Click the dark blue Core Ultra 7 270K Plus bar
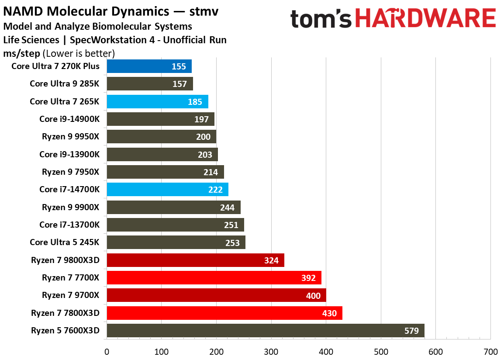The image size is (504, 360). [x=149, y=66]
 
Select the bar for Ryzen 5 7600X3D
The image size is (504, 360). [x=265, y=331]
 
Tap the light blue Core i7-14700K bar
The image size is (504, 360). [x=167, y=190]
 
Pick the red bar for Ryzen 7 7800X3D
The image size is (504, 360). [x=224, y=313]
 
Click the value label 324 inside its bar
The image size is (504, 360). [x=272, y=260]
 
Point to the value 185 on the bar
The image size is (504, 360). [x=195, y=102]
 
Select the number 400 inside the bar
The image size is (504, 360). [x=313, y=296]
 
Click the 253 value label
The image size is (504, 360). [x=232, y=243]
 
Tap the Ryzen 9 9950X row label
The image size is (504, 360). [x=71, y=137]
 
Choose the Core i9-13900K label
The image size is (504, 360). [x=69, y=154]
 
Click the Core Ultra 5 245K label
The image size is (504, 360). [x=65, y=242]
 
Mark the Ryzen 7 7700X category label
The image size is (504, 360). [x=71, y=277]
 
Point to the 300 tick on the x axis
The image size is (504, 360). [x=271, y=352]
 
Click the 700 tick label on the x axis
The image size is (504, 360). [x=490, y=352]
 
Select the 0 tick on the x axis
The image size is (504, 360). [x=107, y=352]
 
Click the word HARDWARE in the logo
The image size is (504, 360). [x=425, y=18]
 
